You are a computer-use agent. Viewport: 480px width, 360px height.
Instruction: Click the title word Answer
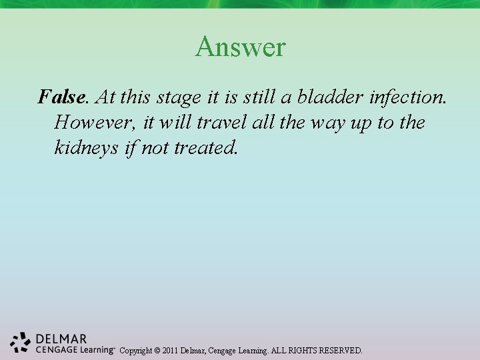(x=240, y=47)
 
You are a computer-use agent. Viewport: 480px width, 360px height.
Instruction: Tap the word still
(x=258, y=97)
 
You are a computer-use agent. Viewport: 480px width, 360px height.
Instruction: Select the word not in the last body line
(x=154, y=147)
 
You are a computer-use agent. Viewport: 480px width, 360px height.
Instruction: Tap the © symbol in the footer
(x=158, y=350)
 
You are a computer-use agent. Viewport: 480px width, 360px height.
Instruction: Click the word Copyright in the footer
(x=137, y=350)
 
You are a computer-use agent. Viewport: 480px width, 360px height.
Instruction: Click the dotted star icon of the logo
(x=21, y=341)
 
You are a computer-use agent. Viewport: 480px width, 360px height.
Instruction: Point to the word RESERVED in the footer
(x=341, y=350)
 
